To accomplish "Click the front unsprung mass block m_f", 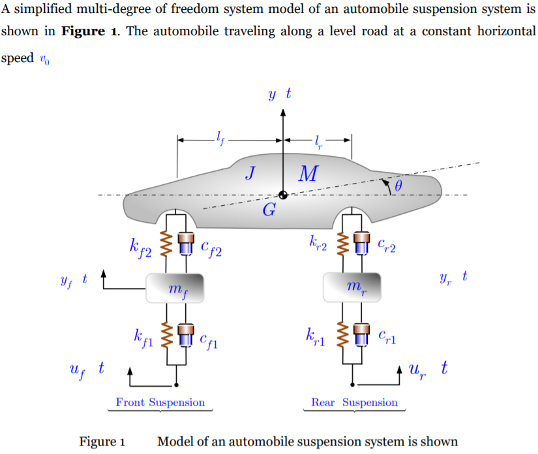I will pyautogui.click(x=175, y=288).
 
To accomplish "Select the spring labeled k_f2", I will pyautogui.click(x=165, y=245).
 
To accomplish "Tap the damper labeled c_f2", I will pyautogui.click(x=187, y=245).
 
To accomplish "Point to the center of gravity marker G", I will pyautogui.click(x=283, y=195).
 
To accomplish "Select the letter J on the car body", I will pyautogui.click(x=250, y=172).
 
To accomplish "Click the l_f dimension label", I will pyautogui.click(x=218, y=138).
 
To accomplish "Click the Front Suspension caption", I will pyautogui.click(x=160, y=402).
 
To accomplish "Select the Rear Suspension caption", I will pyautogui.click(x=354, y=402).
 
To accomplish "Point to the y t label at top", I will pyautogui.click(x=279, y=95).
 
